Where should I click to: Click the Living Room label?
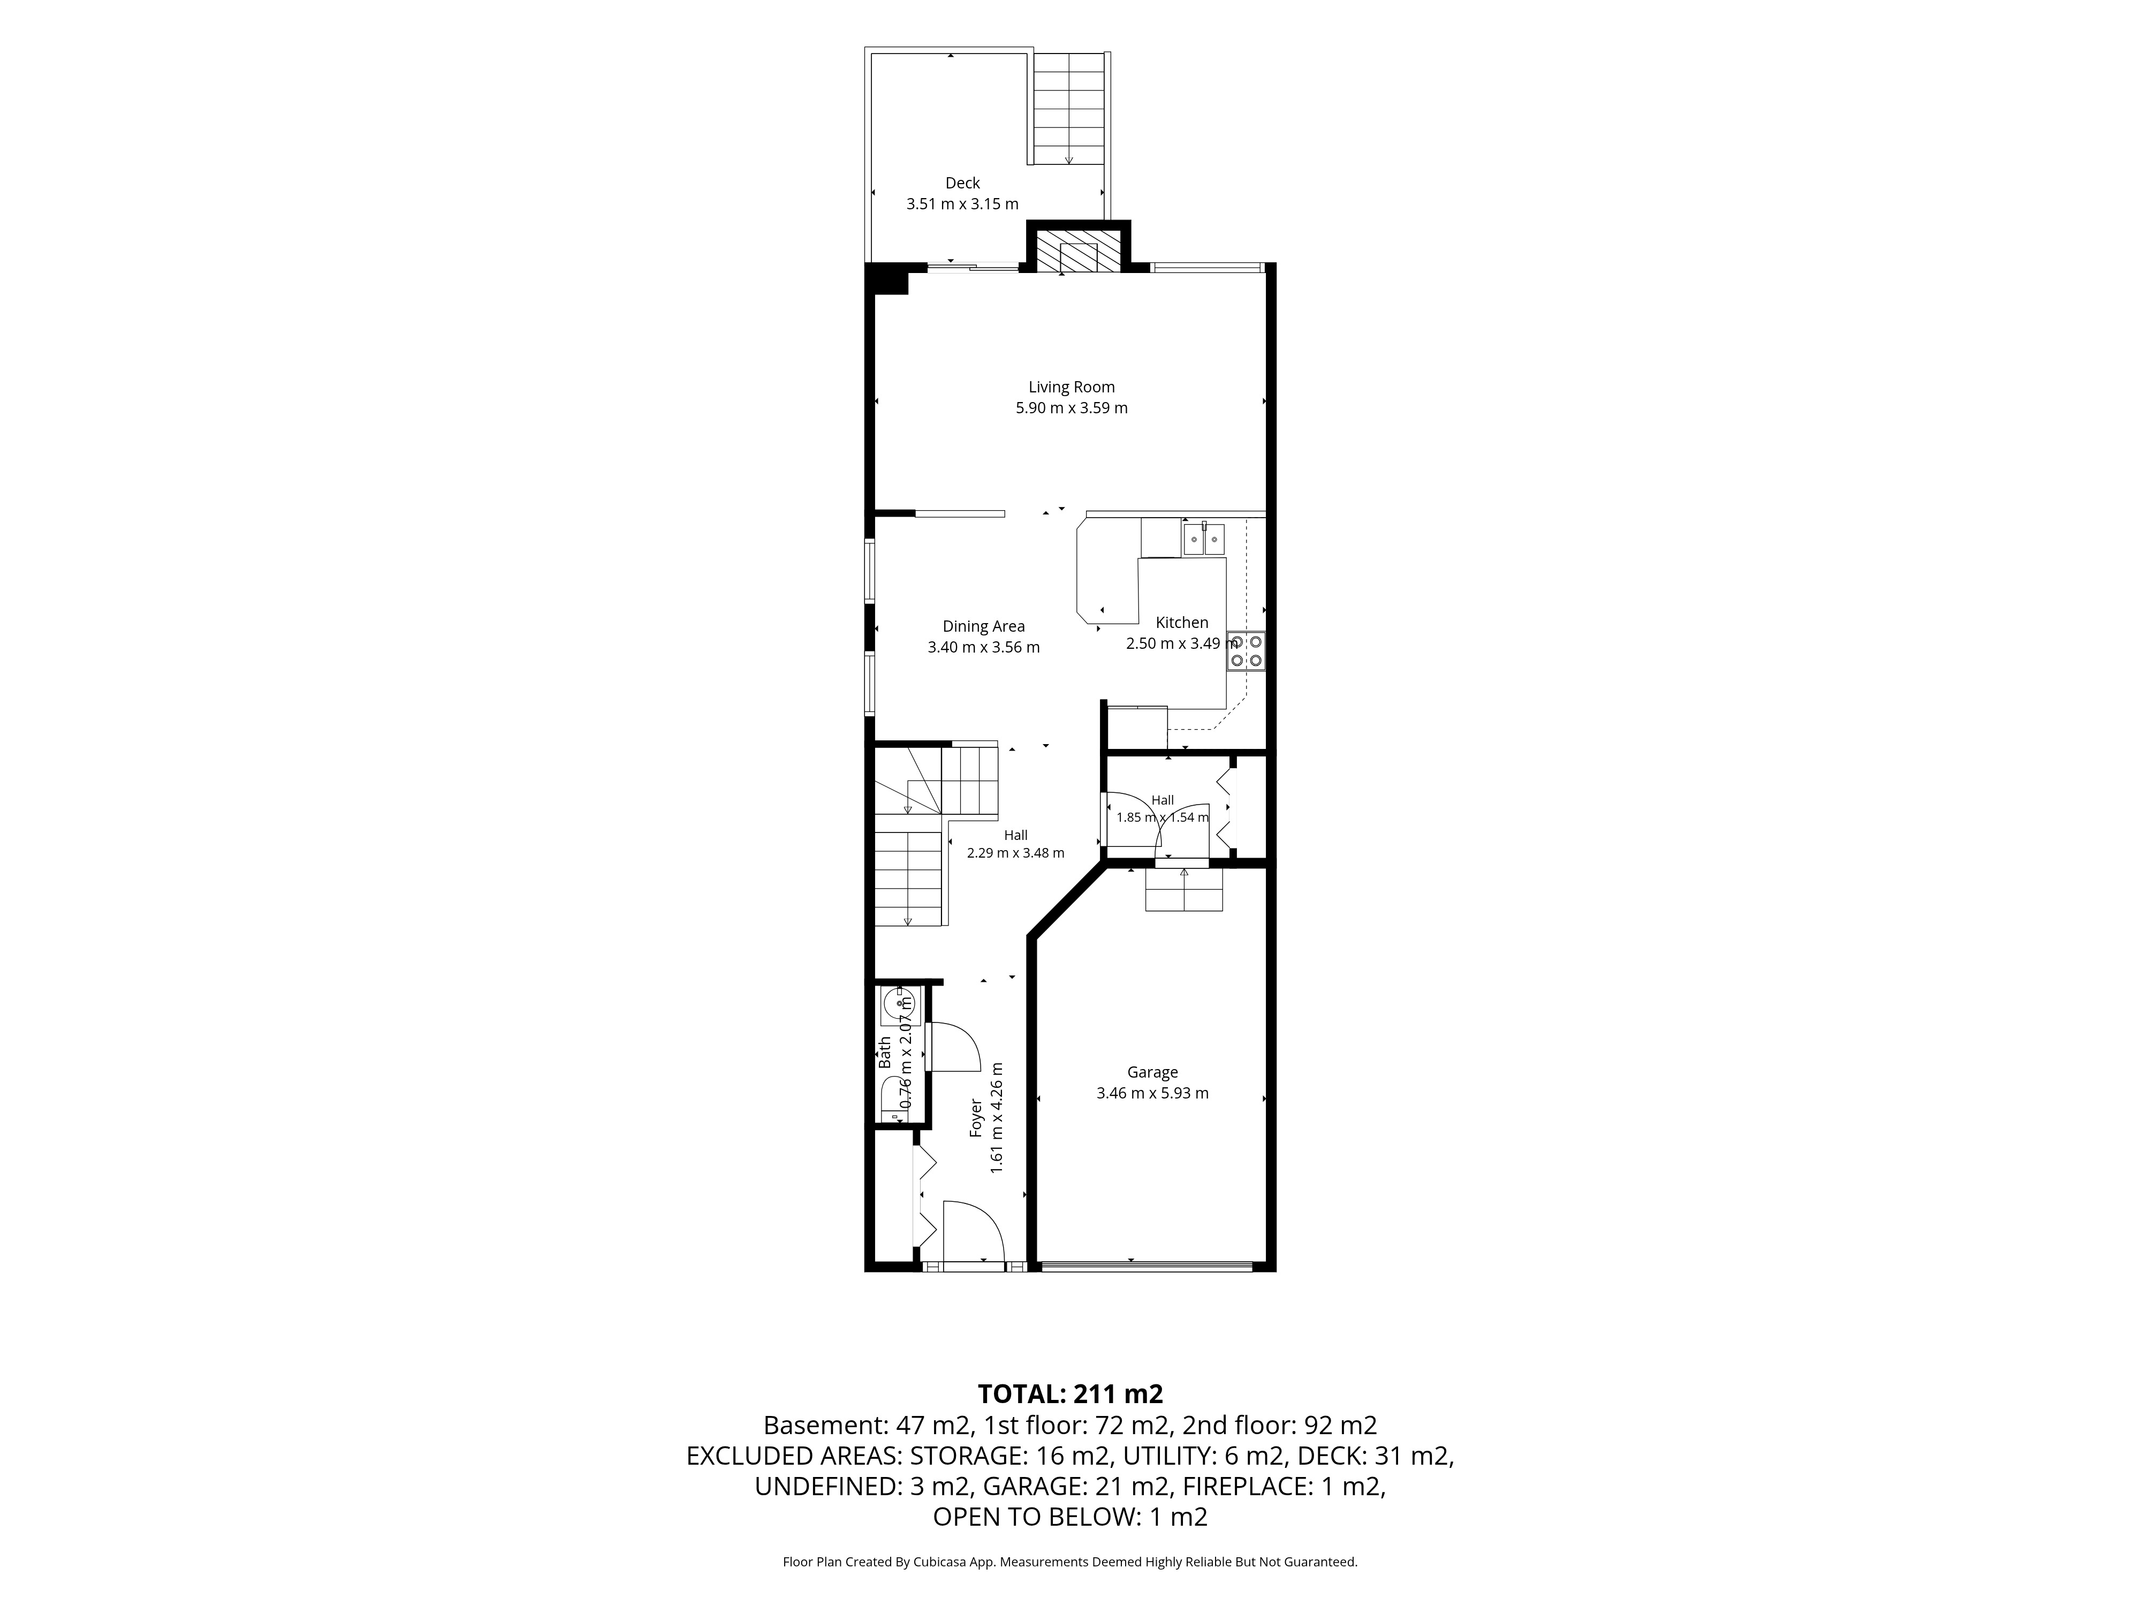[1072, 387]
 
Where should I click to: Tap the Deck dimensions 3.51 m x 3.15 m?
[962, 204]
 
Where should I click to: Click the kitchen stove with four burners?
[1246, 650]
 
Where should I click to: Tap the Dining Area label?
[983, 626]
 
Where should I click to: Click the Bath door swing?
[953, 1048]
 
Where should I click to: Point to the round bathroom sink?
[893, 1007]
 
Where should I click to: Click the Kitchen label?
[1182, 623]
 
